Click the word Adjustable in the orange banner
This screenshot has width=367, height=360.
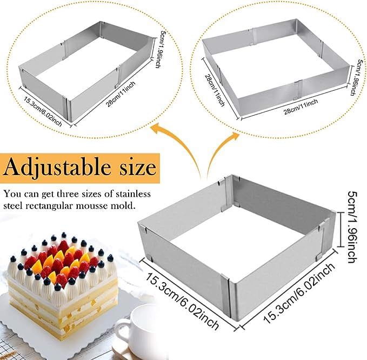point(57,168)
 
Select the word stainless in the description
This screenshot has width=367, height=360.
point(133,194)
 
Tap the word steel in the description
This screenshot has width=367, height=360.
point(13,206)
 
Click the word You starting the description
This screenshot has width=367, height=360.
point(10,194)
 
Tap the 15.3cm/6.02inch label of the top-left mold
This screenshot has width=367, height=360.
point(43,111)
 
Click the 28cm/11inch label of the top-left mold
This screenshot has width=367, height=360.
point(121,94)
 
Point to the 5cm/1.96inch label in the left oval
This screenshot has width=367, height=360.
point(158,49)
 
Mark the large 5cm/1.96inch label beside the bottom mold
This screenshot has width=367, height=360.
point(352,227)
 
